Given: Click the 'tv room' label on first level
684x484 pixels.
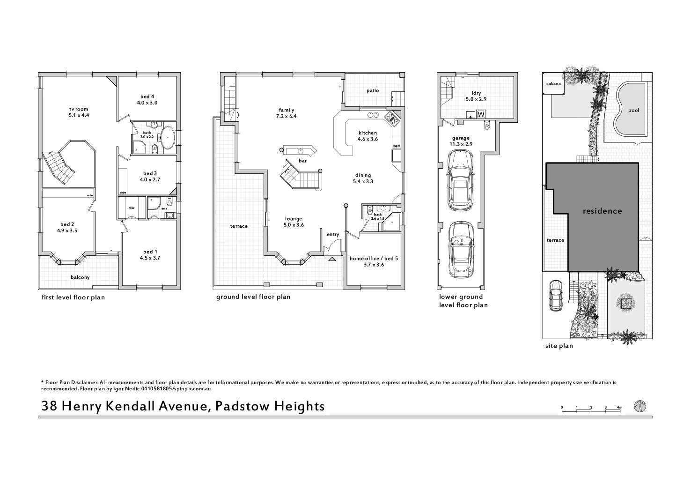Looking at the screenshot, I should [x=78, y=109].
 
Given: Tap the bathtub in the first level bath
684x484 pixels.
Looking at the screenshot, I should [x=168, y=138].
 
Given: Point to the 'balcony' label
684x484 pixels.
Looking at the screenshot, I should [x=80, y=277].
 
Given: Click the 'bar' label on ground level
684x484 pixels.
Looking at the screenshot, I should [x=302, y=161].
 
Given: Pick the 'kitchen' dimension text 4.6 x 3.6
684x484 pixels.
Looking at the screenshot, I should [x=368, y=139].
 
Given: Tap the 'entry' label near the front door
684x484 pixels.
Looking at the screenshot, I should [x=333, y=235].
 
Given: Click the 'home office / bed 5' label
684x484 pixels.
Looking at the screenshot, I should [x=374, y=258].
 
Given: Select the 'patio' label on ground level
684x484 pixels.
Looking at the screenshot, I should [x=373, y=90].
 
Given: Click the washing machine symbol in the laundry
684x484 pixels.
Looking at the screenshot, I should [x=480, y=114].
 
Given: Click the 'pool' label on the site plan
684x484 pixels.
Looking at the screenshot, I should [x=633, y=111].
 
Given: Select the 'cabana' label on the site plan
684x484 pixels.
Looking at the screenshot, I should [x=553, y=84].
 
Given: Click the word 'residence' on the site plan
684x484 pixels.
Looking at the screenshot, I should [x=602, y=211].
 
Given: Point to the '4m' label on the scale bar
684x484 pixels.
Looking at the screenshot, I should [x=619, y=407].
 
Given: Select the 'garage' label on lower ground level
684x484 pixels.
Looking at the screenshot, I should [x=461, y=138].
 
